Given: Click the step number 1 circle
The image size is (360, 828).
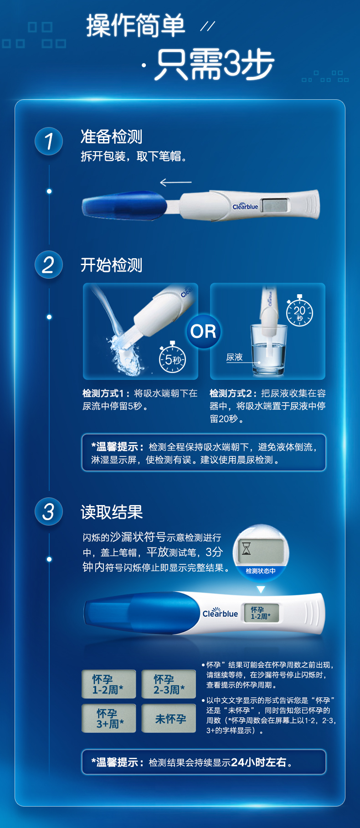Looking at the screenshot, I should click(x=49, y=141).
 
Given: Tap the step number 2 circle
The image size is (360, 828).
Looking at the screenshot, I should click(x=49, y=265).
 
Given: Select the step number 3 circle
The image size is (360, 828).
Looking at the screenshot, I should click(x=49, y=511).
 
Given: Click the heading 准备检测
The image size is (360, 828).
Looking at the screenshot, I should click(x=111, y=137).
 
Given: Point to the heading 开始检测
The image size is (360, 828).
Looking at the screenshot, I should click(x=111, y=265).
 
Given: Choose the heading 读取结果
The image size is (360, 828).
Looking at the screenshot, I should click(x=112, y=512).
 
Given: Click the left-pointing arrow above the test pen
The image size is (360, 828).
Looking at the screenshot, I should click(x=175, y=183).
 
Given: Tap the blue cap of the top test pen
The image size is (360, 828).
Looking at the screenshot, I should click(x=124, y=205).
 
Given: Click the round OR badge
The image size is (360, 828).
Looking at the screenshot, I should click(x=203, y=331).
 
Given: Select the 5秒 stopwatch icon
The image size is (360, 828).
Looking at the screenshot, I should click(x=172, y=359).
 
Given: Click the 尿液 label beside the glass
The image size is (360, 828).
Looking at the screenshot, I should click(x=235, y=357).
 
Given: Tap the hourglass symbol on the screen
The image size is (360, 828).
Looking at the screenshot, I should click(x=247, y=548).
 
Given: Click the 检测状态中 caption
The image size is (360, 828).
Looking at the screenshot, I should click(x=261, y=571).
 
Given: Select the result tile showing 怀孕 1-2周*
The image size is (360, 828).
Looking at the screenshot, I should click(x=108, y=684).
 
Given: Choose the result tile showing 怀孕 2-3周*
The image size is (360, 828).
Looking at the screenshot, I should click(x=169, y=684).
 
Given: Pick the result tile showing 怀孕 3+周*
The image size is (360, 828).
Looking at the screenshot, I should click(x=108, y=718).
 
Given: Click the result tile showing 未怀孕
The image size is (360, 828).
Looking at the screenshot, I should click(x=169, y=718).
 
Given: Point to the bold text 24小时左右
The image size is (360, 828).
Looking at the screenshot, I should click(x=259, y=762).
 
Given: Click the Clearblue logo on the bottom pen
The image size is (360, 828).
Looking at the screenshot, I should click(x=220, y=613).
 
